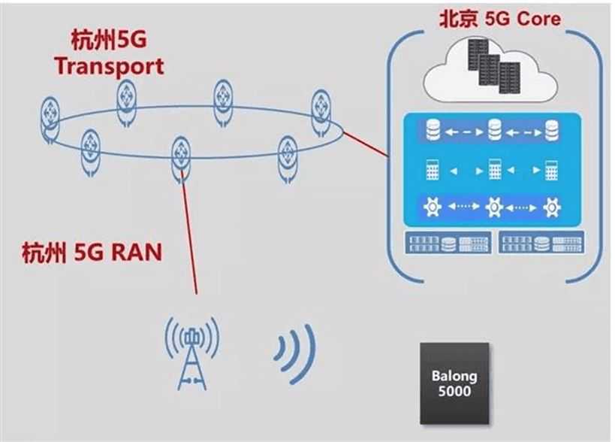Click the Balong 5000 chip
453,383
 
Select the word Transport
110,65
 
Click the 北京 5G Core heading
499,17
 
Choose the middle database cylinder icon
493,131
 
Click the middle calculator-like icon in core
493,168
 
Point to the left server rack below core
449,242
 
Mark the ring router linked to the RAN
181,156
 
